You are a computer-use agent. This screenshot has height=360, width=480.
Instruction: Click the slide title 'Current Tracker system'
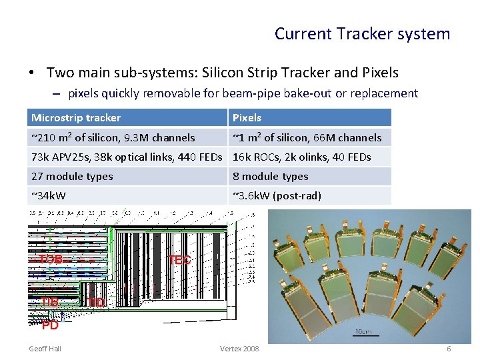[362, 33]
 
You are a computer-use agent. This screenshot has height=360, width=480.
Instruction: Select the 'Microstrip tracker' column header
[76, 118]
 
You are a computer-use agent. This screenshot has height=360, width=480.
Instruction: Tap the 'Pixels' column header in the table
[247, 118]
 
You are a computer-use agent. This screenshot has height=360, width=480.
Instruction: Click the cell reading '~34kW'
[49, 195]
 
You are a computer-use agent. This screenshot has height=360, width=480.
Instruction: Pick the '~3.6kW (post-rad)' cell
[277, 195]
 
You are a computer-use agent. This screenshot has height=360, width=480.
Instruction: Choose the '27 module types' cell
[72, 176]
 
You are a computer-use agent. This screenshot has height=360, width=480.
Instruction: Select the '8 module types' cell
[270, 176]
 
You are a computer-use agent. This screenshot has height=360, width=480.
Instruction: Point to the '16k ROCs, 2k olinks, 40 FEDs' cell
[301, 157]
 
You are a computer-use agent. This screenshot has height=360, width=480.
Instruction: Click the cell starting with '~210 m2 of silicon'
[113, 137]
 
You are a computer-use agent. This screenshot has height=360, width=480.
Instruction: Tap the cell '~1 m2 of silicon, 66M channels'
[307, 137]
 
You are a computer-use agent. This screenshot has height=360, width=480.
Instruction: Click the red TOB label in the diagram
[51, 259]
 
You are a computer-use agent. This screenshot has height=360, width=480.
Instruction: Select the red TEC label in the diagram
[179, 260]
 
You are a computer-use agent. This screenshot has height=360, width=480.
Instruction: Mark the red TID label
[95, 303]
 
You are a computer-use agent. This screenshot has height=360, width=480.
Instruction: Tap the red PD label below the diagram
[50, 325]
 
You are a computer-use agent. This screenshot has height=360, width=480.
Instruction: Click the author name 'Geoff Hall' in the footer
[45, 349]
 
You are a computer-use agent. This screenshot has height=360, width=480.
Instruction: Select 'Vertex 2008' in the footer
[239, 349]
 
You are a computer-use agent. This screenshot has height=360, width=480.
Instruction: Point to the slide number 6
[449, 349]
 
